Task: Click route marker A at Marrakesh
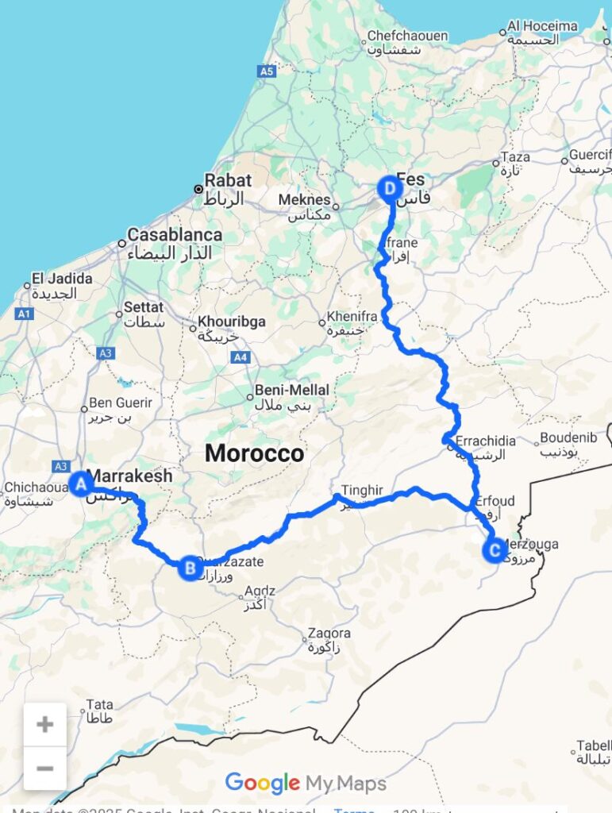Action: (x=79, y=483)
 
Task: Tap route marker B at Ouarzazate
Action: (x=190, y=568)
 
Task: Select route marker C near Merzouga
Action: (x=495, y=549)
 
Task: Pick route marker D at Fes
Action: (x=390, y=188)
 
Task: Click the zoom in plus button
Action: (x=45, y=724)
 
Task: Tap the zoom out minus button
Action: (x=45, y=768)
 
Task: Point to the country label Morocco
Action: (x=254, y=453)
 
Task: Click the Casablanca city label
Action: (x=175, y=235)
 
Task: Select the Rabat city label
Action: (x=228, y=180)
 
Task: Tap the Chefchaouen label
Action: (x=407, y=36)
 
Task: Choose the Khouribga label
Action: (x=232, y=322)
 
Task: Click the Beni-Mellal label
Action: (x=282, y=391)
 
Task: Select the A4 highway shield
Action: (x=241, y=358)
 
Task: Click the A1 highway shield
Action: (x=25, y=314)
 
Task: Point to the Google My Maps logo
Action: (x=306, y=784)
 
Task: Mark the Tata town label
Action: (x=100, y=704)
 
